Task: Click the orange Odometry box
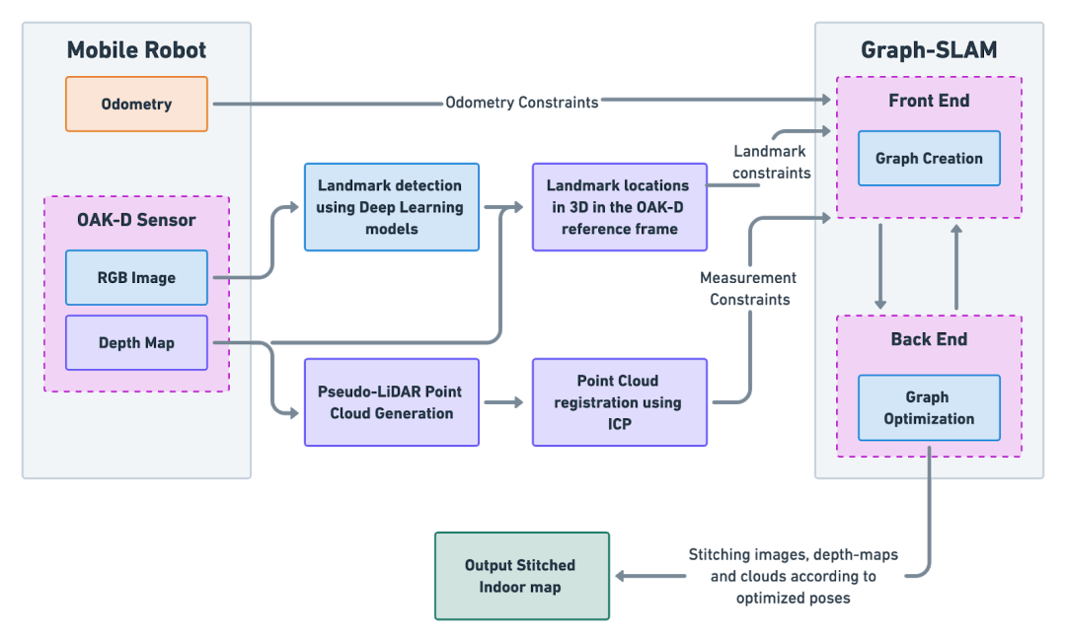(x=136, y=104)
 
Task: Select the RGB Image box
(x=136, y=277)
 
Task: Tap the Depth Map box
(x=136, y=342)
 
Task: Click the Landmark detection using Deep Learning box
(x=392, y=206)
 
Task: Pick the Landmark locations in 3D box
(x=619, y=206)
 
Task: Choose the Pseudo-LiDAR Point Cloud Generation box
(x=392, y=402)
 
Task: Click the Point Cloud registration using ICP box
(x=619, y=402)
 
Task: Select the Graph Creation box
(x=929, y=159)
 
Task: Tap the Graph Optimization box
(x=929, y=407)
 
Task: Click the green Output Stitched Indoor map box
(x=522, y=576)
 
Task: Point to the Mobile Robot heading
(x=136, y=49)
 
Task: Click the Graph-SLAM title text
(x=929, y=49)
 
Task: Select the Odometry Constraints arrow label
(x=522, y=103)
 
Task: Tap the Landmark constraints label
(x=771, y=162)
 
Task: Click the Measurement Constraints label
(x=748, y=289)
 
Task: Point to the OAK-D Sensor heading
(x=136, y=220)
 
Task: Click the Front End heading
(x=929, y=101)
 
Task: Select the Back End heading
(x=929, y=339)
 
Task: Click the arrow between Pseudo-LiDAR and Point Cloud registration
(x=503, y=402)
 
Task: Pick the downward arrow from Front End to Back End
(x=880, y=266)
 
